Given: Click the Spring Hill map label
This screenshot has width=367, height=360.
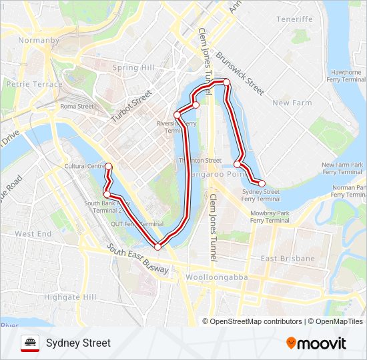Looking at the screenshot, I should (x=133, y=67).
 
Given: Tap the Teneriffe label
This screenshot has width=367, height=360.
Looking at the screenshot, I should (x=294, y=19).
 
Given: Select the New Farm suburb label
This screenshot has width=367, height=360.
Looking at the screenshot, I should (x=292, y=103).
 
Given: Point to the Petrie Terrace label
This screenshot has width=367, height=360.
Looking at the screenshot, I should (x=33, y=85).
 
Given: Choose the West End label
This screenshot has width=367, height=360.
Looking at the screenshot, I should (x=33, y=234).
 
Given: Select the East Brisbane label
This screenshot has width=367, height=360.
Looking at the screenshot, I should (x=288, y=258).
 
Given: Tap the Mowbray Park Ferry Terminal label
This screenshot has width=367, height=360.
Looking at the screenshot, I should (x=270, y=217).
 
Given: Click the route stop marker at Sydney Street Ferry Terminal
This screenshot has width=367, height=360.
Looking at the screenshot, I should (x=262, y=183).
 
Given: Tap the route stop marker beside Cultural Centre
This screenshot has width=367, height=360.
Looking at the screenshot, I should (x=108, y=166).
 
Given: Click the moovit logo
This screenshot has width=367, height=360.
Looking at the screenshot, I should (x=316, y=343).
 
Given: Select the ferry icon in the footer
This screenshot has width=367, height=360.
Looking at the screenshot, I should (x=30, y=343).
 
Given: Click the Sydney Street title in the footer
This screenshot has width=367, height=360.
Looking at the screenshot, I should (x=78, y=343).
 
